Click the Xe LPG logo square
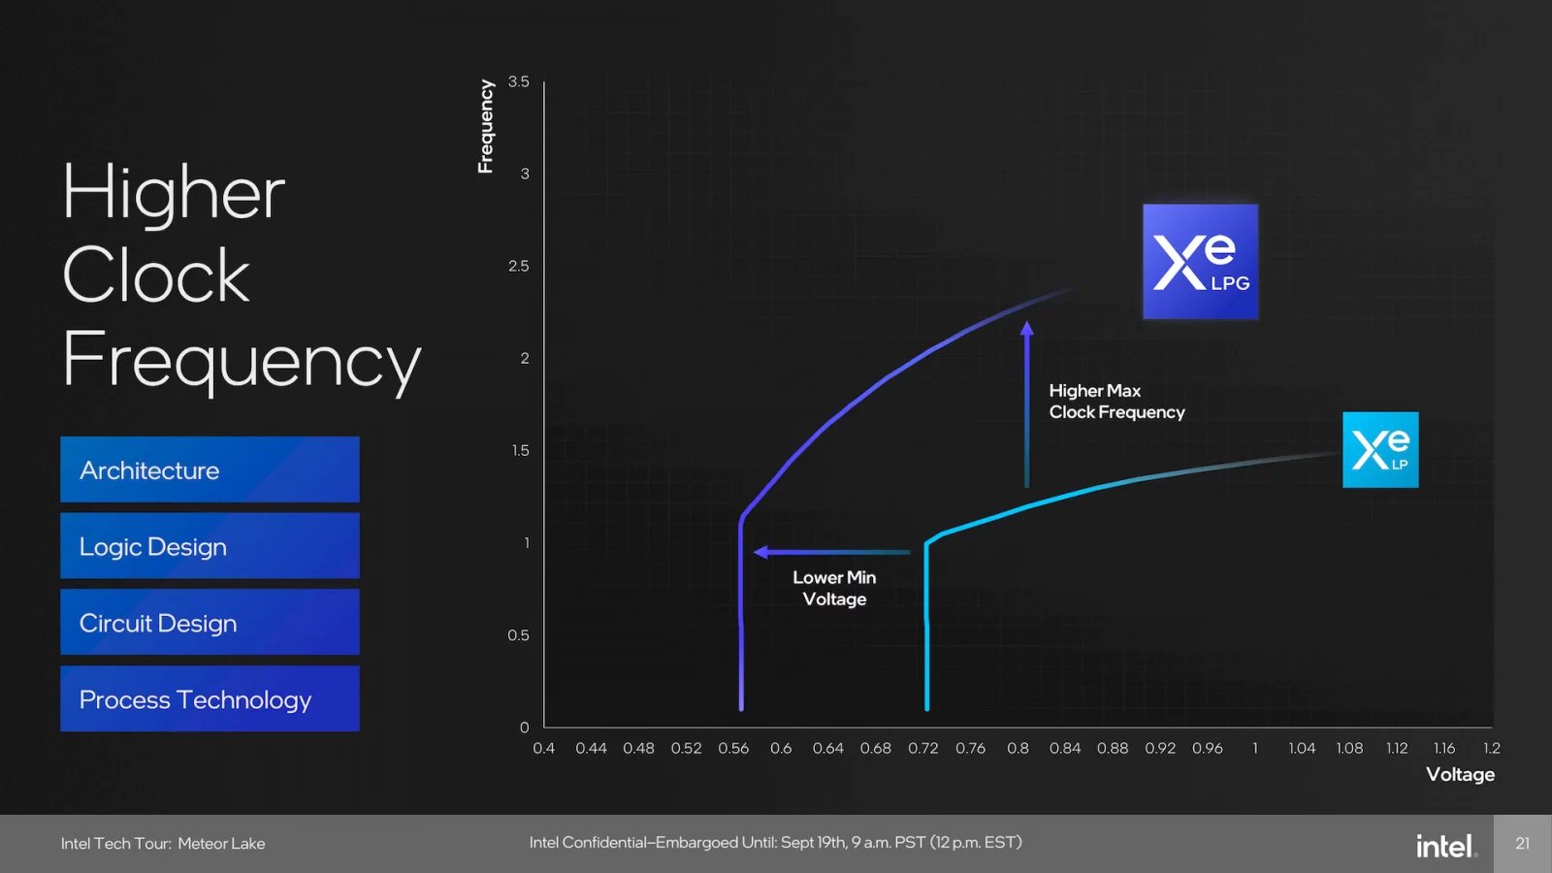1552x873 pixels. [x=1200, y=261]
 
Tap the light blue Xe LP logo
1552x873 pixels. [x=1380, y=449]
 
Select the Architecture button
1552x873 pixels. [x=210, y=469]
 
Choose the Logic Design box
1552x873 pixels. [x=210, y=546]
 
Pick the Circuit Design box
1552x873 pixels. [x=210, y=622]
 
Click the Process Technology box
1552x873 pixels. [x=210, y=698]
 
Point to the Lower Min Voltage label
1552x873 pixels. [x=834, y=588]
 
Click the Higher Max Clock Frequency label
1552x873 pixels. [x=1115, y=402]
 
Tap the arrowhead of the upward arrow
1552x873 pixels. [x=1026, y=329]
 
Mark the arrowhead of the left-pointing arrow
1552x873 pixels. [x=761, y=552]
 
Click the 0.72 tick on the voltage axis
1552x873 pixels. [x=922, y=748]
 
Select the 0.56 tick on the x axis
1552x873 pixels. [x=733, y=748]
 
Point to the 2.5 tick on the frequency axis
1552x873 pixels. [x=519, y=266]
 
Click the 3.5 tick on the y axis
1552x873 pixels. [x=519, y=81]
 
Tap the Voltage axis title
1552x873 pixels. [x=1460, y=774]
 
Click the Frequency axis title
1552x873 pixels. [x=486, y=126]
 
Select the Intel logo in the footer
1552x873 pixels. [x=1445, y=846]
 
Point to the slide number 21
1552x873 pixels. [x=1522, y=844]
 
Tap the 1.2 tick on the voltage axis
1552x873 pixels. [x=1492, y=748]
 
